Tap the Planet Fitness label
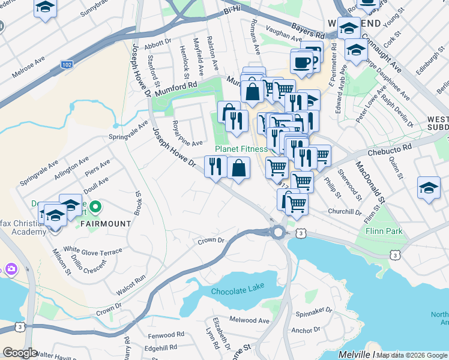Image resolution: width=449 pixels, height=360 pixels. (241, 149)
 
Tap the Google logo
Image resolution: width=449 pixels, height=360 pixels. (19, 353)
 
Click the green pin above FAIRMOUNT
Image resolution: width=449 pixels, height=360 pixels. (95, 208)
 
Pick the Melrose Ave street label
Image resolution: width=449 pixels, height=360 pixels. (29, 68)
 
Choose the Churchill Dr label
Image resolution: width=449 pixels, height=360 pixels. (345, 211)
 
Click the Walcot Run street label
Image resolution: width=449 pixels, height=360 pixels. (131, 285)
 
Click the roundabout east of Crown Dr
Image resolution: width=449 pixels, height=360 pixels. (278, 232)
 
